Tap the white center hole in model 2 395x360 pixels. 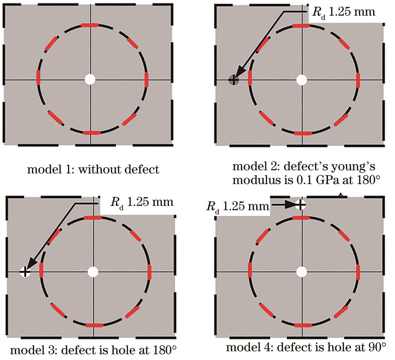(x=302, y=80)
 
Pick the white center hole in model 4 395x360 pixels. (x=302, y=271)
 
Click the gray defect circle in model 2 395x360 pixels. (x=234, y=80)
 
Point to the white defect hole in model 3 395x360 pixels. (x=25, y=271)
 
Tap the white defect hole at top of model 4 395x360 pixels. (x=301, y=205)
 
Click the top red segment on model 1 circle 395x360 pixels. (x=90, y=25)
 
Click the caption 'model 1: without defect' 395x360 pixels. (x=93, y=170)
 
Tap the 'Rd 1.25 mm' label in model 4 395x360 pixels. (x=237, y=206)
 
